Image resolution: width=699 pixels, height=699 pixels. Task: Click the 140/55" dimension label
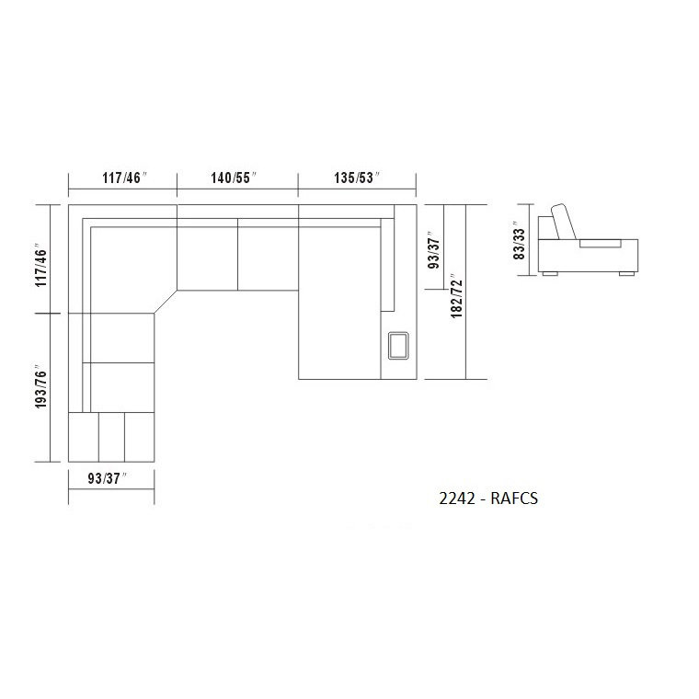[234, 178]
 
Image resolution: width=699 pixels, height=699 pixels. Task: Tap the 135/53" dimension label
[357, 178]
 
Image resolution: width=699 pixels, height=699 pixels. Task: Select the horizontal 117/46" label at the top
[124, 178]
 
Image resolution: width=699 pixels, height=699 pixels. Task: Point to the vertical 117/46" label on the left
[41, 266]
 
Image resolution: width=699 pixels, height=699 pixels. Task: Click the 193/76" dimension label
[41, 386]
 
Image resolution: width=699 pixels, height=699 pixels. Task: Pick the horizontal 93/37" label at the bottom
[107, 478]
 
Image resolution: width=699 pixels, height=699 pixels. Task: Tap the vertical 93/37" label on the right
[433, 250]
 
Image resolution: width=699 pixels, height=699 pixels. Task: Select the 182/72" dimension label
[456, 295]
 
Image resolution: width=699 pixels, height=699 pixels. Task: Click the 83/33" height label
[520, 241]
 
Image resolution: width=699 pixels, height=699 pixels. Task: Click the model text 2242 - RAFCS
[488, 498]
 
